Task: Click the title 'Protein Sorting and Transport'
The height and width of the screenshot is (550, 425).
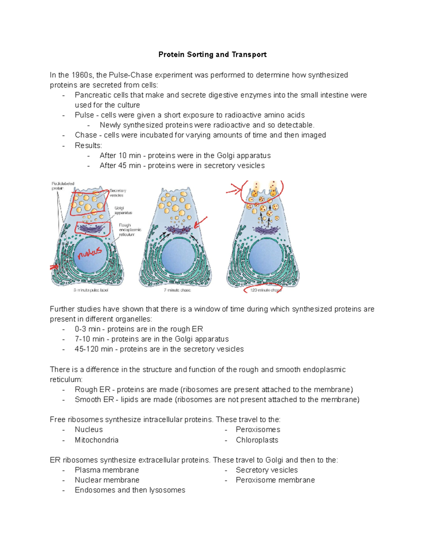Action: coord(212,55)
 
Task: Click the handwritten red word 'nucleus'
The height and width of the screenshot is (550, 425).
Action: coord(90,253)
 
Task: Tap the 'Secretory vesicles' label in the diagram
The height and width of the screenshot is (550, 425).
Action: coord(118,193)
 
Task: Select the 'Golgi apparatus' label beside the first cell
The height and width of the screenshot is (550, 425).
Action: coord(123,210)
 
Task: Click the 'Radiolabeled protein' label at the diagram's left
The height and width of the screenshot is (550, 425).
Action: coord(63,186)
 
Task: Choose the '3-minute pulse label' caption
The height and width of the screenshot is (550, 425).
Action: coord(91,290)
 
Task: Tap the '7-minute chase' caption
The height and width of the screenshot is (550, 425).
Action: coord(177,290)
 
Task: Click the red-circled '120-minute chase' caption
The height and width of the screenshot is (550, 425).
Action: coord(265,290)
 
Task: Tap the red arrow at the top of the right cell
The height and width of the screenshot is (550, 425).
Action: coord(234,189)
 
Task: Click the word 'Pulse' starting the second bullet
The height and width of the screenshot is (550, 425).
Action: coord(84,115)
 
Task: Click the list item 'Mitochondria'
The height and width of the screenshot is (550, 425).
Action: coord(96,440)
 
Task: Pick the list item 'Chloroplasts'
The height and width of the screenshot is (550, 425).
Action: coord(257,440)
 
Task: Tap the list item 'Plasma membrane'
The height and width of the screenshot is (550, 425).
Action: coord(107,470)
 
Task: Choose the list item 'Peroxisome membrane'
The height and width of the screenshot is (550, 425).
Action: coord(275,480)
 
